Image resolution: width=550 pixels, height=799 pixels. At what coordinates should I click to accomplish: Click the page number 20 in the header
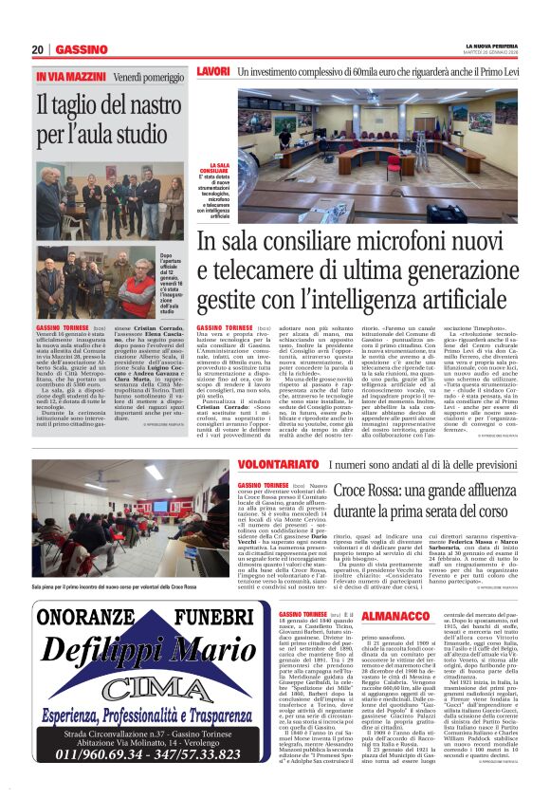(x=38, y=49)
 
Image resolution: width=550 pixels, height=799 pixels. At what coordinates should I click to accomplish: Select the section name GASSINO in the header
(x=81, y=49)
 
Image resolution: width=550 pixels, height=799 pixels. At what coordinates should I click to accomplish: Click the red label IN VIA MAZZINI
(x=70, y=75)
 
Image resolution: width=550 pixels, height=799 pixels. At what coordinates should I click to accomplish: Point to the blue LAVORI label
(x=213, y=71)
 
